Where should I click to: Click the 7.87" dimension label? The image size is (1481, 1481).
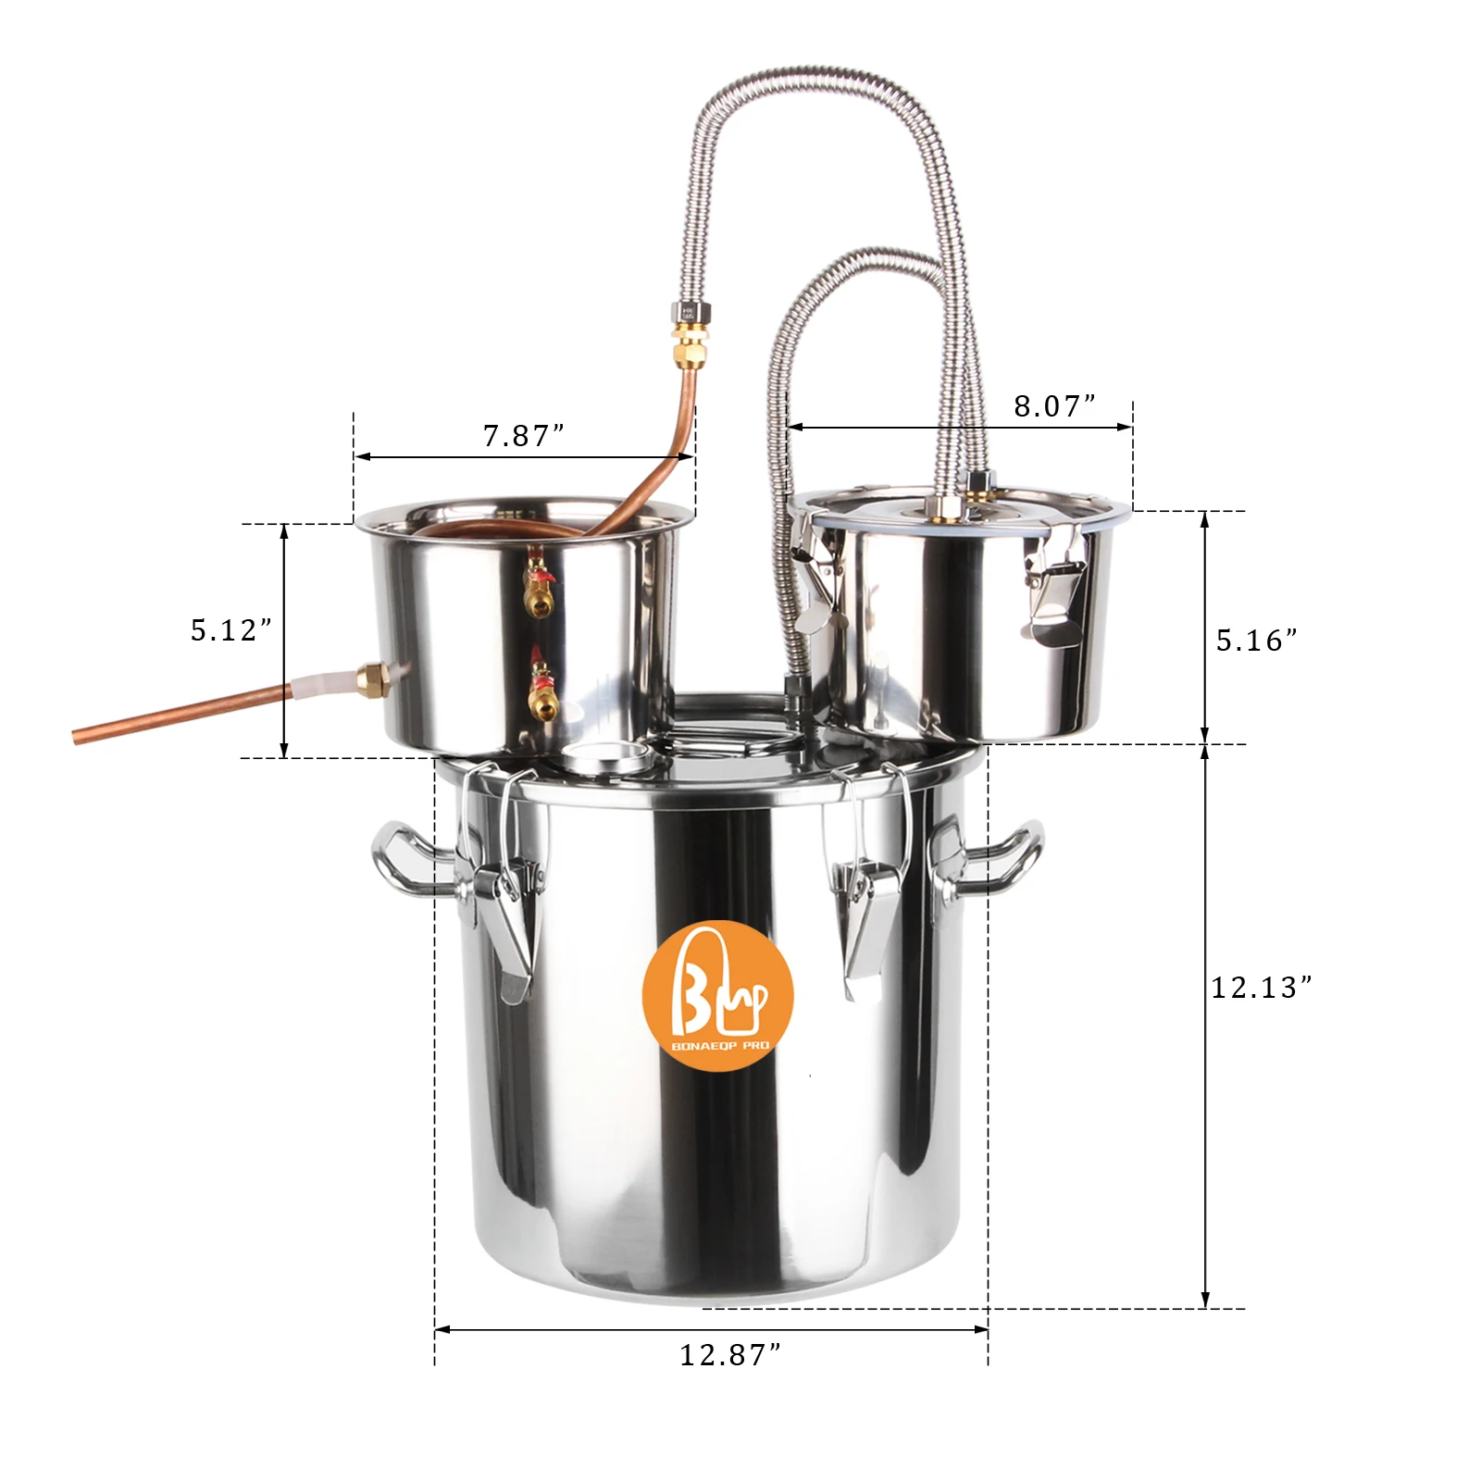(x=523, y=435)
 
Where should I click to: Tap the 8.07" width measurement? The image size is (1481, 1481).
(x=1054, y=405)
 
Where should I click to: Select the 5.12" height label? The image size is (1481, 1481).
(x=231, y=630)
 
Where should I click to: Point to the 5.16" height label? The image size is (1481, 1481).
(x=1256, y=641)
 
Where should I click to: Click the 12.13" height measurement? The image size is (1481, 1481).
(x=1262, y=988)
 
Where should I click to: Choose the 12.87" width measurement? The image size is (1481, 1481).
(x=730, y=1355)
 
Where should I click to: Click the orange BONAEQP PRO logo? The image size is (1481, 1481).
(x=718, y=995)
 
